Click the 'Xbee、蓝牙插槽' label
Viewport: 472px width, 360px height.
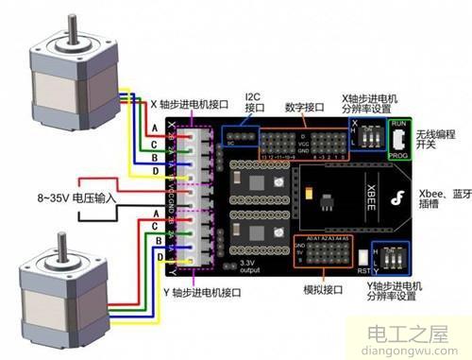pos(444,198)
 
